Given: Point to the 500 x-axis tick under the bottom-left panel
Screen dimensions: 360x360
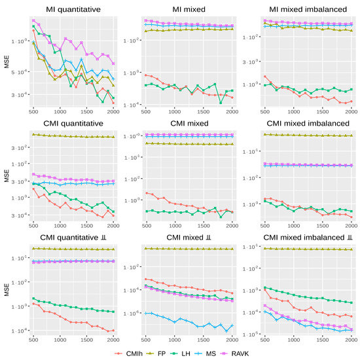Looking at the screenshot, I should (x=33, y=340).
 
